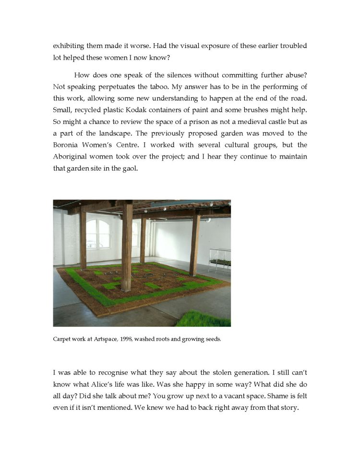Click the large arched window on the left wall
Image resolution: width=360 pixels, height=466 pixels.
pyautogui.click(x=97, y=233)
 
